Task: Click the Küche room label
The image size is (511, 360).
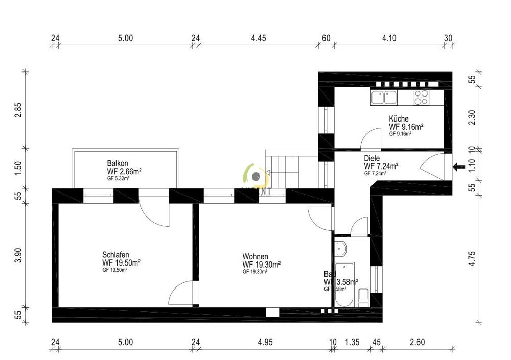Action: point(399,118)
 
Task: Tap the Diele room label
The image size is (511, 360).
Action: point(373,158)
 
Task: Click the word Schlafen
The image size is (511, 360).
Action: point(115,255)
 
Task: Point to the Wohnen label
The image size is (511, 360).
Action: point(255,256)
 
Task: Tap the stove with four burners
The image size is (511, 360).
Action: point(421,97)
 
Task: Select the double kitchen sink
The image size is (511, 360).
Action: point(384,97)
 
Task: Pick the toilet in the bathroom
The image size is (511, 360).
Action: point(363,297)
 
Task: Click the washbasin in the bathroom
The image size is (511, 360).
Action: point(342,249)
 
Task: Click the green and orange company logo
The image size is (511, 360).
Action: point(254,175)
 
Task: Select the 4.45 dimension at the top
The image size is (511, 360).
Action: point(260,38)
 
